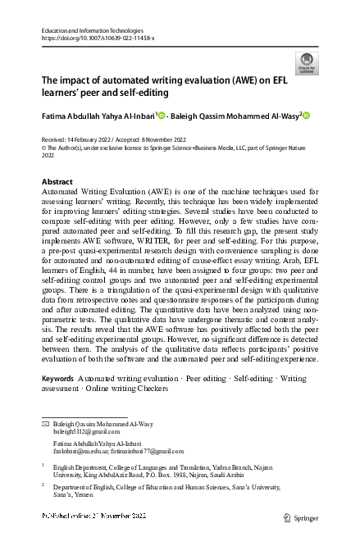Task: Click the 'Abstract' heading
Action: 57,180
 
